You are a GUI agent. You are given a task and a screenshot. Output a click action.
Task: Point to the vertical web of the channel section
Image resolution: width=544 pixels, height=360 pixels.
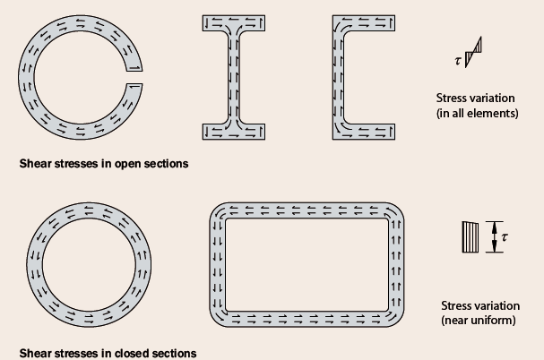click(x=340, y=77)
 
